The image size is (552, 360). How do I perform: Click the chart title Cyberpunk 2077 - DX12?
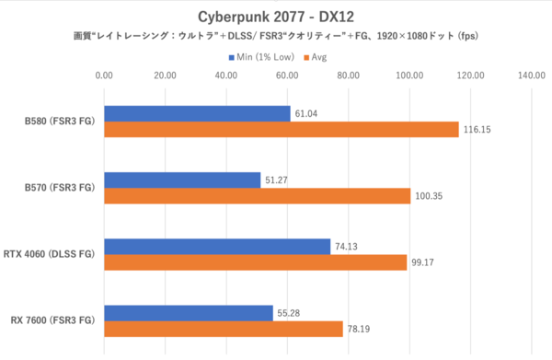275,16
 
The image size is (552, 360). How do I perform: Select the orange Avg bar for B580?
281,130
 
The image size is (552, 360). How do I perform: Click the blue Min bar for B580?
197,113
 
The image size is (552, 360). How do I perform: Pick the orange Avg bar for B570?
257,196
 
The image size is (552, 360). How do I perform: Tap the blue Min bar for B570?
182,180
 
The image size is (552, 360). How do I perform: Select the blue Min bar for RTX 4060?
217,246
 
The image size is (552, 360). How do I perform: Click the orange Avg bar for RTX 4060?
255,262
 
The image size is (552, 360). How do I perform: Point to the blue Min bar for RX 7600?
189,313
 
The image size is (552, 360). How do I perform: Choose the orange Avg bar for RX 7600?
224,330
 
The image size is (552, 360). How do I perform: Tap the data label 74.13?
349,247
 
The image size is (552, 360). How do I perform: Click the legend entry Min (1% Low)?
263,57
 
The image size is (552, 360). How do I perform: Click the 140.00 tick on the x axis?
532,76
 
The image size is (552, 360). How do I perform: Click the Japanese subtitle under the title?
275,37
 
